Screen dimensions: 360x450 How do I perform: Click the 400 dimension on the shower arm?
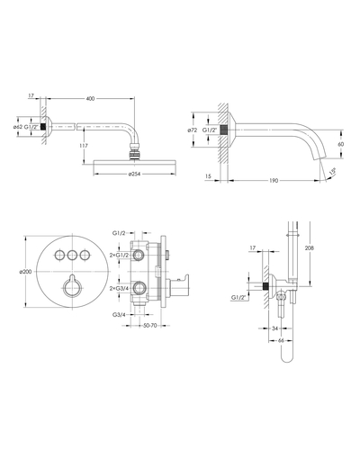(x=90, y=98)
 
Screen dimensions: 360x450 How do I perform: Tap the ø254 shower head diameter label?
(x=134, y=174)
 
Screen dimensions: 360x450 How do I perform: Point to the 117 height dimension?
(x=84, y=146)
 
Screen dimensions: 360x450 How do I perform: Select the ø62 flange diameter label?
(x=18, y=127)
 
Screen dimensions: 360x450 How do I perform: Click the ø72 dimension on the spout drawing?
(x=192, y=130)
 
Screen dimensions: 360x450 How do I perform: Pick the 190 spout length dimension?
(x=274, y=181)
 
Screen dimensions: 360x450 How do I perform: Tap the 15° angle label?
(x=332, y=172)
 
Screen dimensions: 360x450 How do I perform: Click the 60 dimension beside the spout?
(x=341, y=144)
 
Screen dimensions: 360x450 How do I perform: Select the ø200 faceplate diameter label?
(x=25, y=272)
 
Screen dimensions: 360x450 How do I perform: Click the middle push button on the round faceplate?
(x=72, y=256)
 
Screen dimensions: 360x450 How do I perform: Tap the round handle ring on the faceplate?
(x=72, y=289)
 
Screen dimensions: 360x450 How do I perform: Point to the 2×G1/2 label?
(x=119, y=256)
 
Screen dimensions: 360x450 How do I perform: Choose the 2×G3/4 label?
(x=119, y=289)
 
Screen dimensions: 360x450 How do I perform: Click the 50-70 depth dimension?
(x=150, y=326)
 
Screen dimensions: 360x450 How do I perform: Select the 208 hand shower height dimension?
(x=310, y=247)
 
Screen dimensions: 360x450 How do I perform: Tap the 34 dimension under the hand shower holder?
(x=274, y=328)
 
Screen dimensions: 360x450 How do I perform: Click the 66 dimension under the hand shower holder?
(x=281, y=340)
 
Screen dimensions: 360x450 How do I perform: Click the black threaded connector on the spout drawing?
(x=223, y=130)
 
